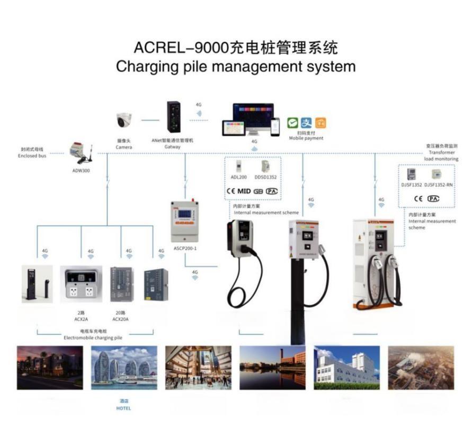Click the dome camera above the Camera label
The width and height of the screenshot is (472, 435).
coord(124,121)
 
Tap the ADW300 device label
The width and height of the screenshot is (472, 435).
coord(81,171)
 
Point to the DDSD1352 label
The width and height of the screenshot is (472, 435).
coord(265,178)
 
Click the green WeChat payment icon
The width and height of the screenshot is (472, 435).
coord(292,123)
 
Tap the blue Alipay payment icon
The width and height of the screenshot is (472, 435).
coord(307,123)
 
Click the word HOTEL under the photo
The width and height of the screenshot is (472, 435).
coord(123,409)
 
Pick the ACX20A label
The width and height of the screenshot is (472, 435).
coord(121,319)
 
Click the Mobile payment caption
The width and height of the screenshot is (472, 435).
coord(306,138)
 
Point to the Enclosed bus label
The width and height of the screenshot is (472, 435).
coord(32,156)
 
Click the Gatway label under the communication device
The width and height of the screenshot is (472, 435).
coord(173,147)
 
